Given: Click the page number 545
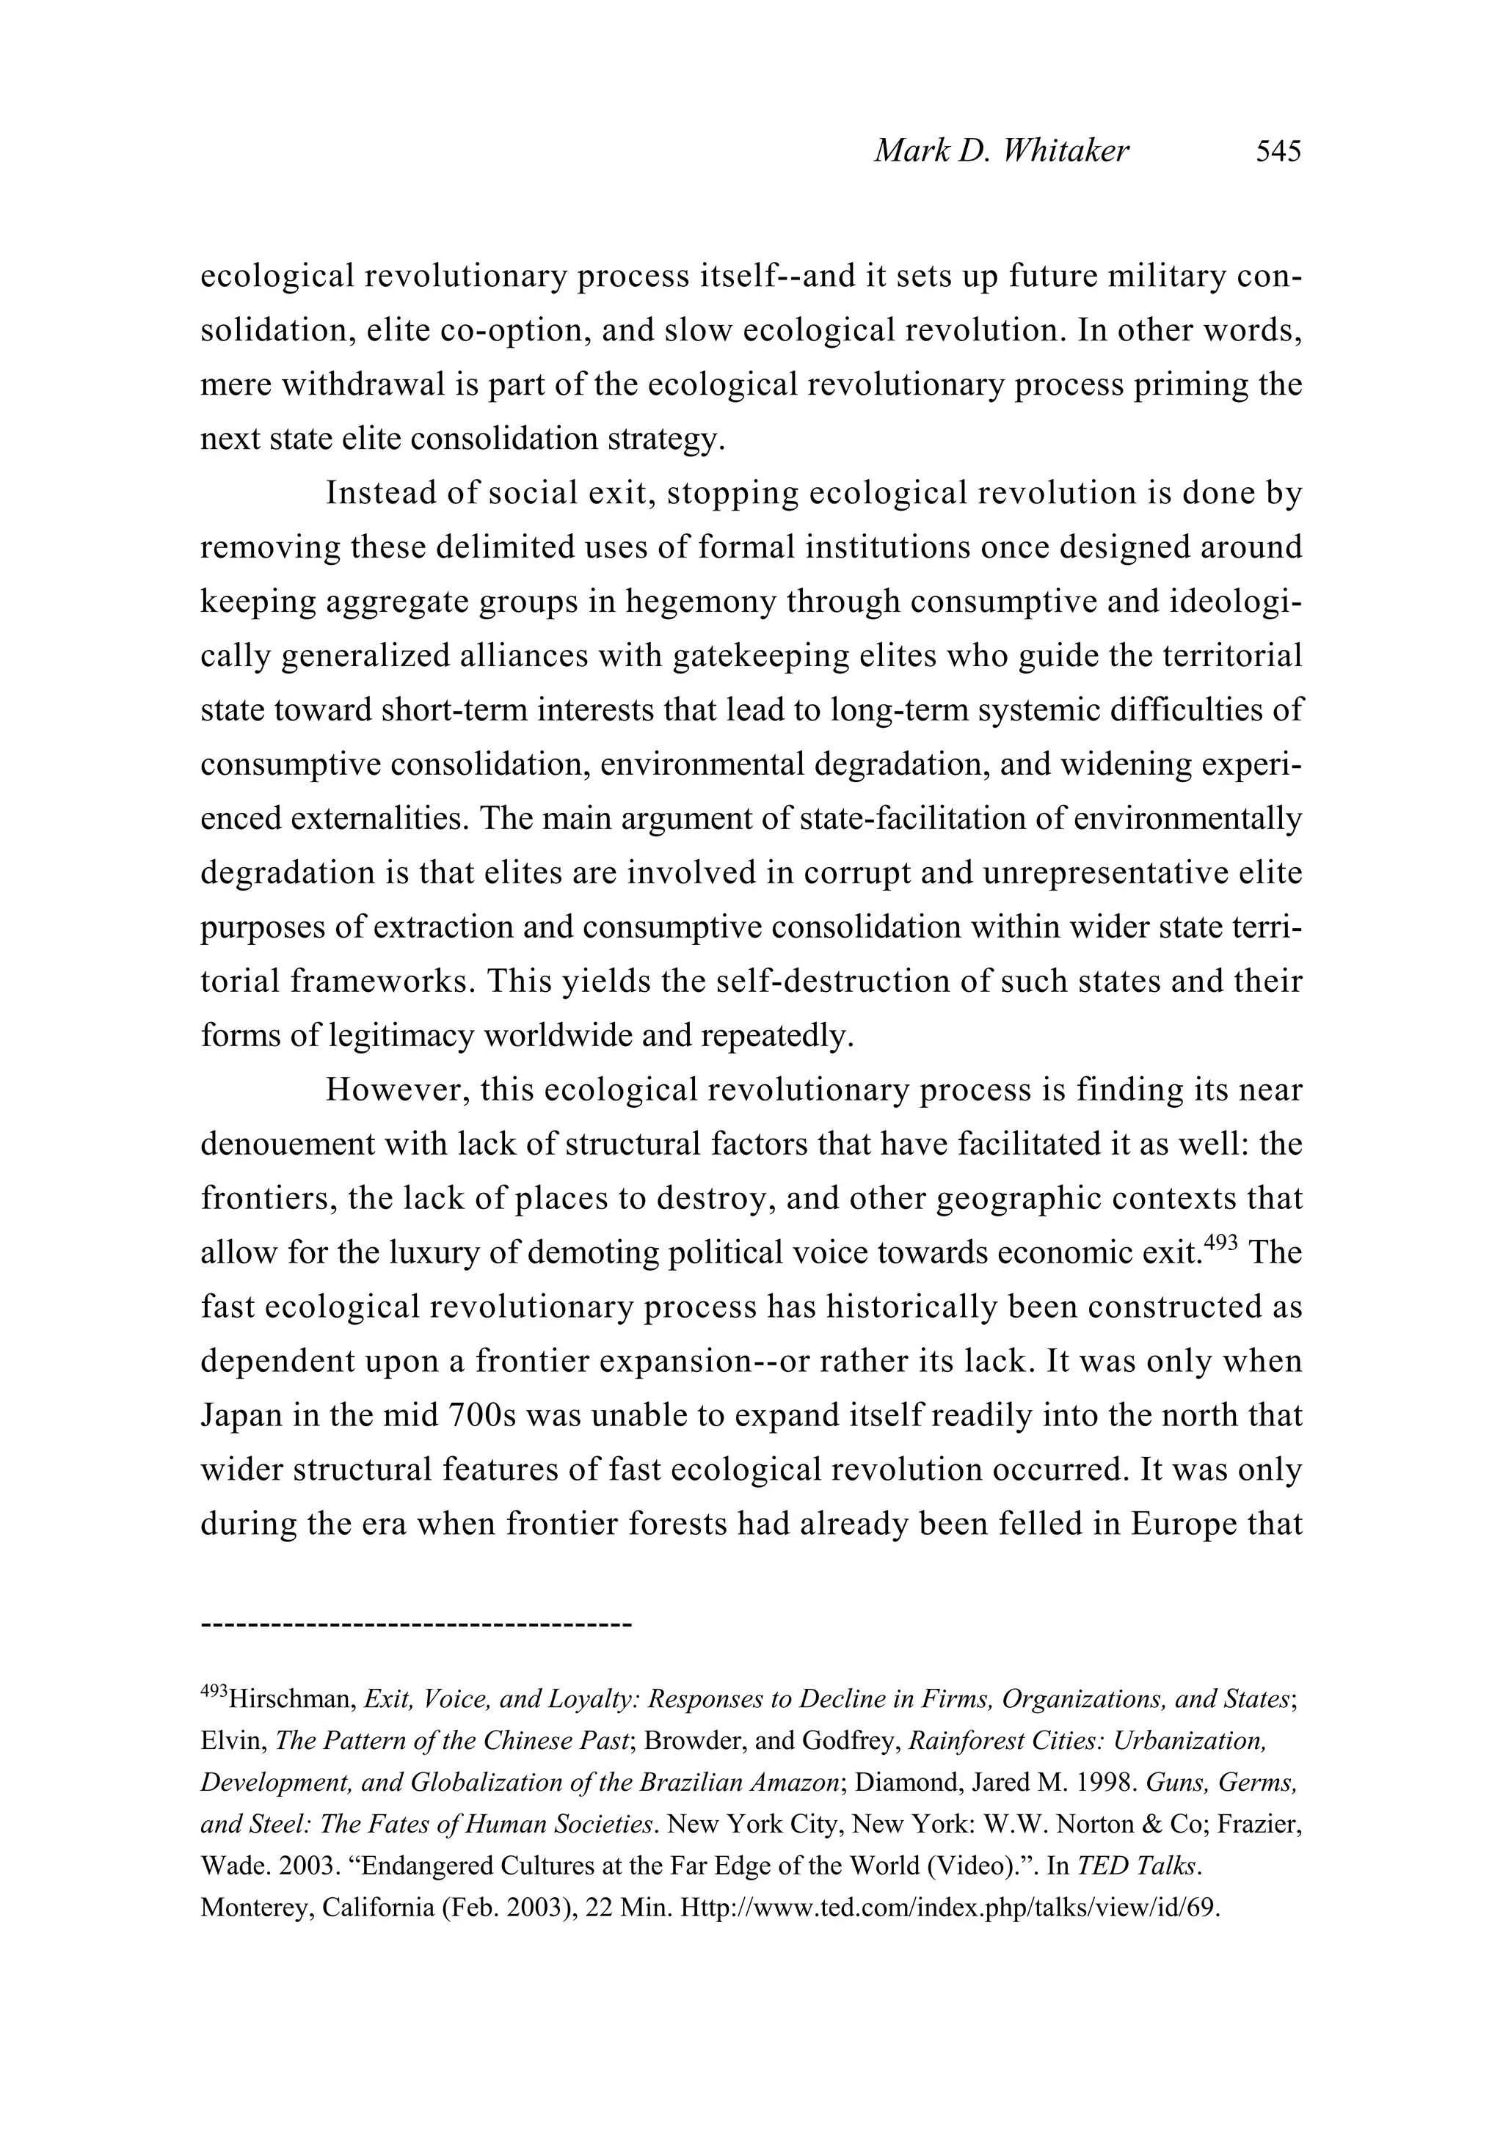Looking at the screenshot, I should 1278,150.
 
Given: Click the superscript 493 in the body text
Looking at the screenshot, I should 1219,1244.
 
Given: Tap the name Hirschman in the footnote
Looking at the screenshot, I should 288,1700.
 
